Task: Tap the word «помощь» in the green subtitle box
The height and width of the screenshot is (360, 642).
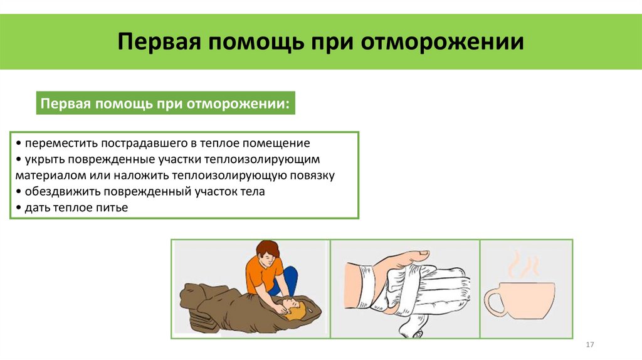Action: click(120, 103)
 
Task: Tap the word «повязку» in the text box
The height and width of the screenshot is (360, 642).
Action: click(312, 176)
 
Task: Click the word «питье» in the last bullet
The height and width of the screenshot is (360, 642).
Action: click(113, 208)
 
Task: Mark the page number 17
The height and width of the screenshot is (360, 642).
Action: click(589, 346)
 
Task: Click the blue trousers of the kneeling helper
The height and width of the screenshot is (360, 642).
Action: click(288, 280)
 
